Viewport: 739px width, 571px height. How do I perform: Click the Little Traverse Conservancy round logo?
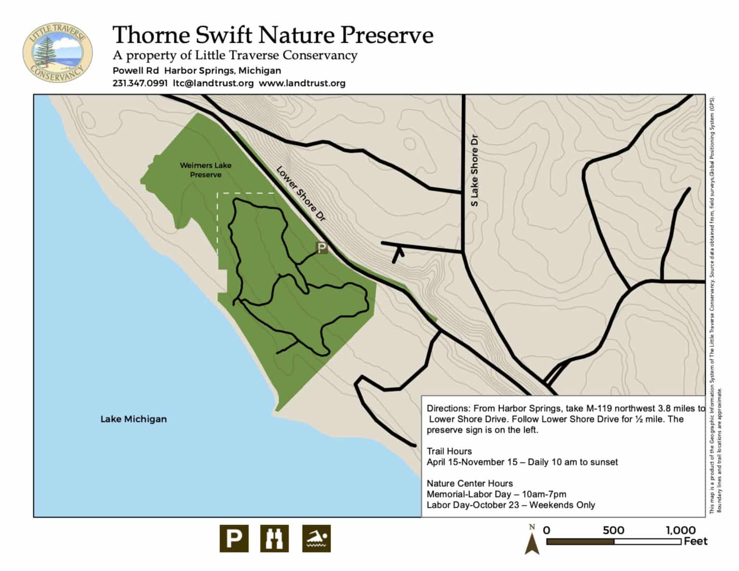pos(57,52)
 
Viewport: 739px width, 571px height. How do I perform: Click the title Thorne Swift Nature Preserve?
pos(272,36)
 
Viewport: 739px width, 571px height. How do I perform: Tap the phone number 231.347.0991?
pos(140,83)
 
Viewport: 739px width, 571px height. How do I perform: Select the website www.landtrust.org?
pos(302,83)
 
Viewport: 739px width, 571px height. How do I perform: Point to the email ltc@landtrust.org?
pos(213,83)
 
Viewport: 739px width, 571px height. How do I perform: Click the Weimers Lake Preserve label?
pos(205,170)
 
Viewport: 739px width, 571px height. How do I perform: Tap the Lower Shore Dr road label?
pos(301,194)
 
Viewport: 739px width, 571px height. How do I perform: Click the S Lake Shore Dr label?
pos(474,170)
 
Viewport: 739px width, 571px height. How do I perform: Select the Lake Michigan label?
pos(133,419)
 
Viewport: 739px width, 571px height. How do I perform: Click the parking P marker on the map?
pos(321,248)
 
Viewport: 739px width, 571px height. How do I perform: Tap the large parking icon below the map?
pos(234,538)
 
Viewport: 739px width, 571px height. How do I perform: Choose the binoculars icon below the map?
pos(275,538)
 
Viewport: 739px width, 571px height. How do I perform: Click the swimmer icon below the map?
pos(316,538)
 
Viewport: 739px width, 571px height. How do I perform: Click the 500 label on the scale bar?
pos(613,530)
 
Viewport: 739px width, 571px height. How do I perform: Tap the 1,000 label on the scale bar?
pos(680,530)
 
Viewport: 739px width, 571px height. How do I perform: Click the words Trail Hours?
pos(449,451)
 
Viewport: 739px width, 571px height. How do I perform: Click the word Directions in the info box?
pos(445,408)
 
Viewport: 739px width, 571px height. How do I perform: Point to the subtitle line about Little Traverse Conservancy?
pos(235,56)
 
